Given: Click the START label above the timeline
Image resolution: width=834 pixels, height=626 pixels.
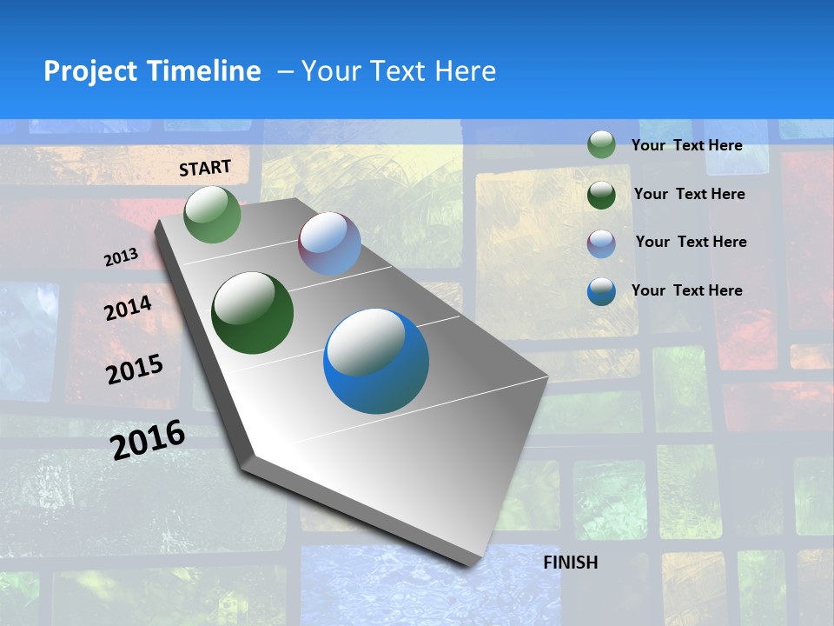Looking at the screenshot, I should click(x=205, y=168).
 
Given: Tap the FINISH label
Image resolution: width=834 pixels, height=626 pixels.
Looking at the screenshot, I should click(x=571, y=563).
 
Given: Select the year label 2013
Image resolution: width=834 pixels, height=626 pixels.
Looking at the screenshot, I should click(x=121, y=257).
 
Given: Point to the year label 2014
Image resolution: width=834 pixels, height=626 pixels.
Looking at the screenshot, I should click(x=128, y=309).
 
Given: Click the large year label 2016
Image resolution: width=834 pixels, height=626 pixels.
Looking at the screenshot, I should click(x=148, y=439).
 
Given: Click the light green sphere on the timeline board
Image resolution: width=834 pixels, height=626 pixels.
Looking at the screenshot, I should click(x=213, y=214).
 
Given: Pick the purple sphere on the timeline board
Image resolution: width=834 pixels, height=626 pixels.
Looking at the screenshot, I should click(x=329, y=243).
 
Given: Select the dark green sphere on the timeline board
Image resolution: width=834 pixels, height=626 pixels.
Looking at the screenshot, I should click(x=252, y=313).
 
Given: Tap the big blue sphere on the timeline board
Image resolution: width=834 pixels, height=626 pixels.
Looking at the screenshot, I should click(x=376, y=361).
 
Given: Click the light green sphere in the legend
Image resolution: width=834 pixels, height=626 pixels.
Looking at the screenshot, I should click(x=601, y=145).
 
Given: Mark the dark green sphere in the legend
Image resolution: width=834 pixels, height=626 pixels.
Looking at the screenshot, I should click(x=601, y=195).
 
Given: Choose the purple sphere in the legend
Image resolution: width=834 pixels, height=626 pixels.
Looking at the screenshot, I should click(x=601, y=243).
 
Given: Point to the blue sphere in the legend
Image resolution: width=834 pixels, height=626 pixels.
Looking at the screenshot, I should click(x=601, y=291).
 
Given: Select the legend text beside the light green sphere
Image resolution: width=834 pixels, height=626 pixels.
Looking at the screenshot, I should click(x=686, y=145).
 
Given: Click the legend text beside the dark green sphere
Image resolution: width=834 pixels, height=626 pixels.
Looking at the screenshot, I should click(x=689, y=194).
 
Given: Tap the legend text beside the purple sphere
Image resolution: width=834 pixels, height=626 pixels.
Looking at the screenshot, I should click(x=691, y=242).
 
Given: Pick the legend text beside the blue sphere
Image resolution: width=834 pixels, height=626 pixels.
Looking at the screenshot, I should click(x=686, y=290).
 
